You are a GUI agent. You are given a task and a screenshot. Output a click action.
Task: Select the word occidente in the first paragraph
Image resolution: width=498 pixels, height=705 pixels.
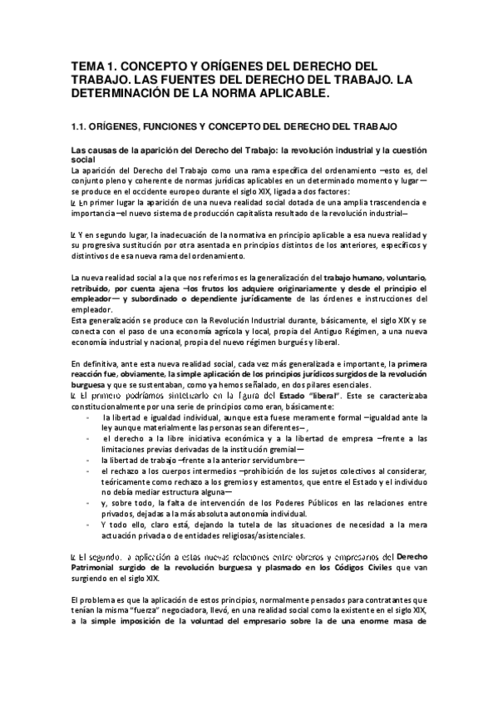coord(153,191)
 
